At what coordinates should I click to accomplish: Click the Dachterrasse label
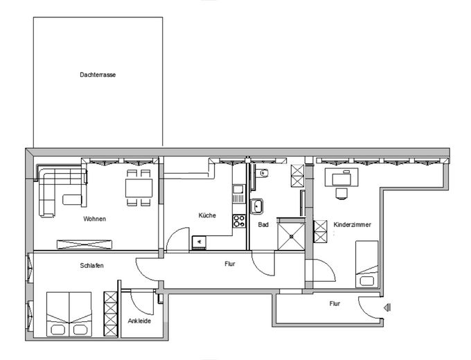[98, 74]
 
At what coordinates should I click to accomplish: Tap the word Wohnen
[94, 219]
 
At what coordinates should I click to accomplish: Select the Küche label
[206, 215]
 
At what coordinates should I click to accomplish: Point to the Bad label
[263, 225]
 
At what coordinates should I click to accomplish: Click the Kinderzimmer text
[353, 225]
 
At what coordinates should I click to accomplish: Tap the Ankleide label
[139, 321]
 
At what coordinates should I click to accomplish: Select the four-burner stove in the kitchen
[240, 222]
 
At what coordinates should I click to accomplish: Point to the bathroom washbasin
[257, 205]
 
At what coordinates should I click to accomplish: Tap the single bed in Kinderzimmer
[366, 264]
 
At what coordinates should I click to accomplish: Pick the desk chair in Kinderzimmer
[341, 193]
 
